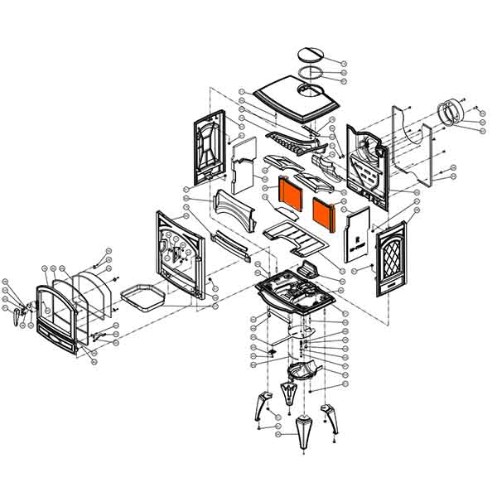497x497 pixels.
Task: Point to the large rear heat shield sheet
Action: pos(418,149)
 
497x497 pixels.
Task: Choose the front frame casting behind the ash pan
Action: pos(177,253)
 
